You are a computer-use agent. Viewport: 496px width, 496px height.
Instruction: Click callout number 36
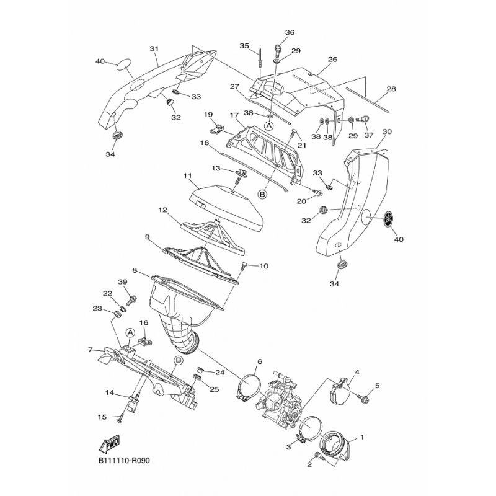click(290, 32)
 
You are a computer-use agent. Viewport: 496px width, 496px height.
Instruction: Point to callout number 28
click(391, 89)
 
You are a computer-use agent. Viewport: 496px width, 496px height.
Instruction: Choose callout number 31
click(154, 48)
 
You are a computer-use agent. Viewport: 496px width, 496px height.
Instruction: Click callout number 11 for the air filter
click(186, 177)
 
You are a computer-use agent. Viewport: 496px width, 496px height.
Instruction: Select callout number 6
click(260, 361)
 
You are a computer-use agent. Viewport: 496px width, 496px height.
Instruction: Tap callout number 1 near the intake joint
click(361, 436)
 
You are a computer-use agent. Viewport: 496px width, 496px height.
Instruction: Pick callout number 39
click(123, 282)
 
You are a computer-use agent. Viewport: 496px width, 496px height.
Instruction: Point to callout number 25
click(215, 389)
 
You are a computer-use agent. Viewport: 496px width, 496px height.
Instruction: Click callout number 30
click(387, 131)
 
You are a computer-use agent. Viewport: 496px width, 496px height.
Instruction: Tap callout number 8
click(134, 270)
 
